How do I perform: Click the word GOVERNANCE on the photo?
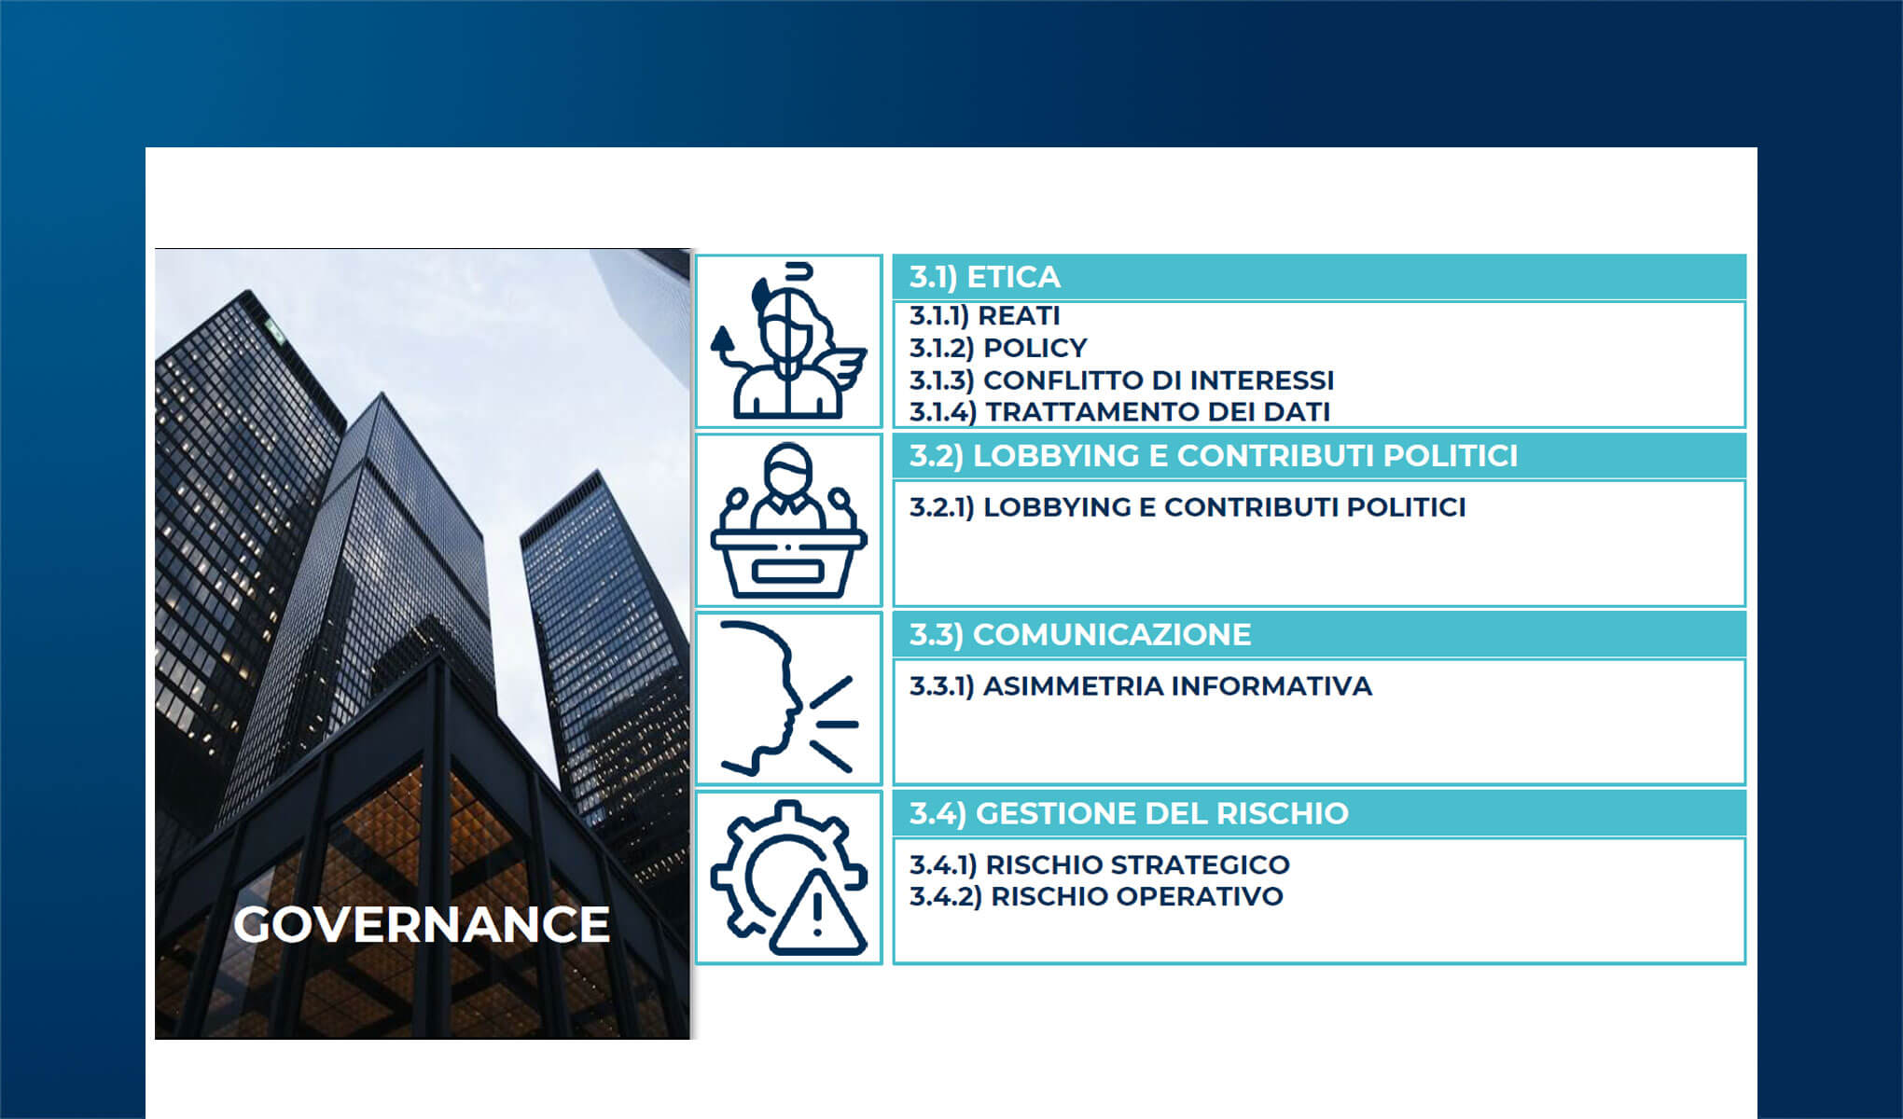pos(422,924)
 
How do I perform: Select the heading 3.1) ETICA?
pos(985,277)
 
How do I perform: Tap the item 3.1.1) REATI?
pos(985,316)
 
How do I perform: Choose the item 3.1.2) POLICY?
pos(998,348)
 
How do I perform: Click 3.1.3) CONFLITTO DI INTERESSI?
pos(1122,380)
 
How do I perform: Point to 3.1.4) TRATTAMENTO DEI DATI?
pos(1120,411)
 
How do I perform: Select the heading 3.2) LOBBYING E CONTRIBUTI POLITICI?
pos(1214,456)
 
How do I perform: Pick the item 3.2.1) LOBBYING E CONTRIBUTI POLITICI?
pos(1188,507)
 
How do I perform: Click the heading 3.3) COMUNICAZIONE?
pos(1080,635)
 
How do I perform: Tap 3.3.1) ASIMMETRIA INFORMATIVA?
pos(1141,686)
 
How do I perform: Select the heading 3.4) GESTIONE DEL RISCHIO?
pos(1129,814)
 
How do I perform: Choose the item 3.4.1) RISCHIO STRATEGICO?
pos(1100,865)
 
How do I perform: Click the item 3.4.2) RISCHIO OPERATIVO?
pos(1096,897)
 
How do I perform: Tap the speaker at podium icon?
pos(789,520)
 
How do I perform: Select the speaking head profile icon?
pos(787,698)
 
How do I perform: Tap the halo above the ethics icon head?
pos(799,272)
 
